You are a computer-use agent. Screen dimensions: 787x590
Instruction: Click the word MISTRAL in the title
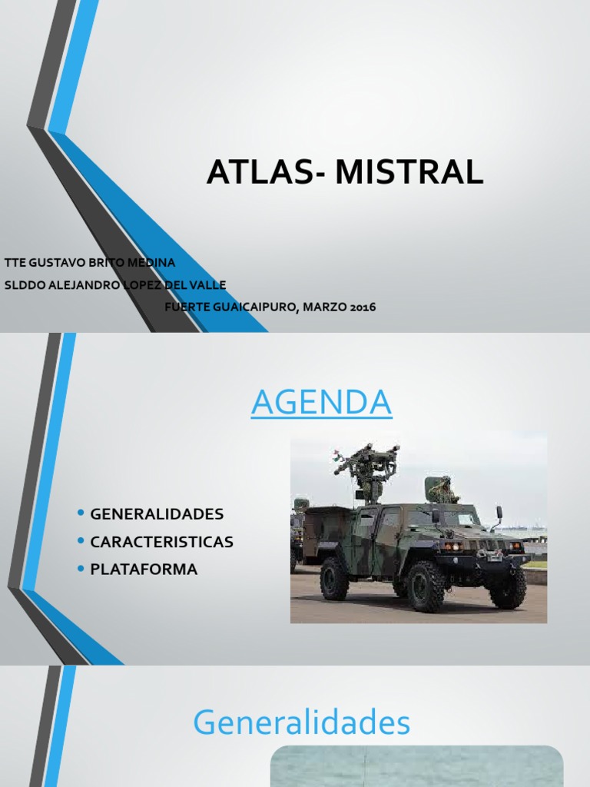tap(409, 173)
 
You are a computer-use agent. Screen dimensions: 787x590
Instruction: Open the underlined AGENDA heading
tap(321, 403)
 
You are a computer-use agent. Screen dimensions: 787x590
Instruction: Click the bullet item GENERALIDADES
tap(157, 513)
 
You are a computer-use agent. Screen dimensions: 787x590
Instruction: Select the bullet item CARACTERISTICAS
tap(161, 542)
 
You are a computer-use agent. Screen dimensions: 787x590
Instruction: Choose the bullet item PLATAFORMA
tap(144, 569)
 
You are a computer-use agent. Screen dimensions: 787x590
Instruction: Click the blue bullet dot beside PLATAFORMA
tap(81, 569)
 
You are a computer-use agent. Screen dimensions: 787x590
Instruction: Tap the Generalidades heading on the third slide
tap(301, 722)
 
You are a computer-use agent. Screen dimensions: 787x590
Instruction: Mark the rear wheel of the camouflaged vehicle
tap(334, 579)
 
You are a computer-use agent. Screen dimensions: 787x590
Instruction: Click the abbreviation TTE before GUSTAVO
tap(15, 263)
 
